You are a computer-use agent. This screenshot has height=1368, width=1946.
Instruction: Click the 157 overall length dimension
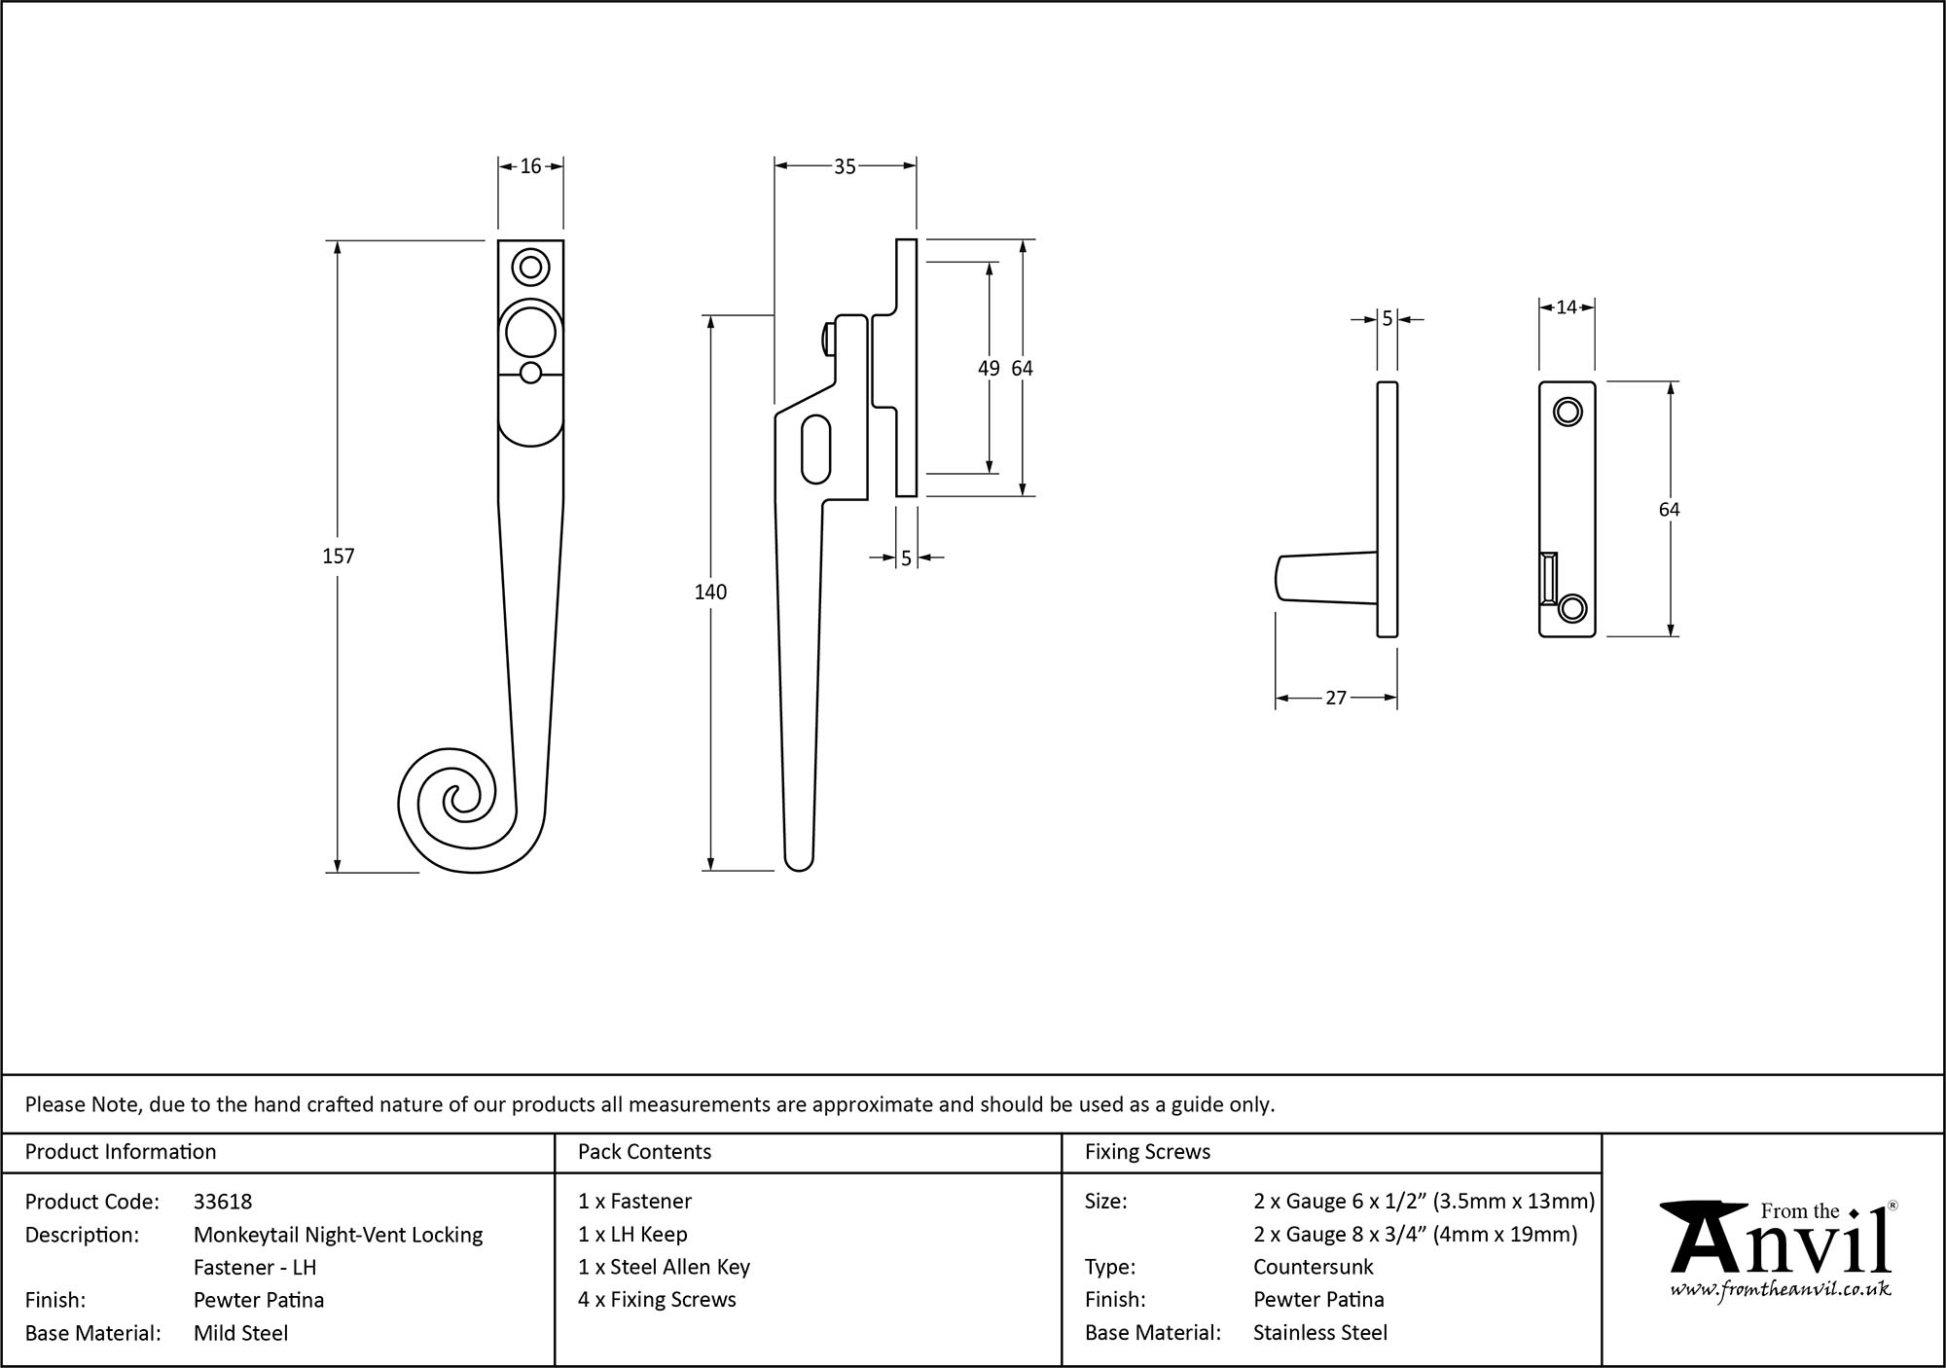pyautogui.click(x=338, y=556)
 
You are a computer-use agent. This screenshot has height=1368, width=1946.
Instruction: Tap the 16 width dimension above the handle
pyautogui.click(x=530, y=166)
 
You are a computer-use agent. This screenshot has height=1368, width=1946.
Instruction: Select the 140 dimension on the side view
pyautogui.click(x=710, y=592)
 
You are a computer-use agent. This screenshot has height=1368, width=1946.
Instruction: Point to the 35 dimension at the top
pyautogui.click(x=845, y=167)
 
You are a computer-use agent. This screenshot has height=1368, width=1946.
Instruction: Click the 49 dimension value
pyautogui.click(x=988, y=368)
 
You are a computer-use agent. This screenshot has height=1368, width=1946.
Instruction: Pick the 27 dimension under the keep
pyautogui.click(x=1336, y=698)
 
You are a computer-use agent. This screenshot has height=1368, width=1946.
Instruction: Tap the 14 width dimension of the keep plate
pyautogui.click(x=1566, y=307)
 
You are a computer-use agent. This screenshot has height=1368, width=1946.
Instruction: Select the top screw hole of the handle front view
pyautogui.click(x=530, y=267)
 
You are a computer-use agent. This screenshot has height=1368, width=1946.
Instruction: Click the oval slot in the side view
pyautogui.click(x=816, y=449)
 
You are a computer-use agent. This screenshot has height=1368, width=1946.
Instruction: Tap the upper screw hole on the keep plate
pyautogui.click(x=1567, y=413)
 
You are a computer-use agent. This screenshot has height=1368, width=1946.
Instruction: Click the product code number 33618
pyautogui.click(x=223, y=1202)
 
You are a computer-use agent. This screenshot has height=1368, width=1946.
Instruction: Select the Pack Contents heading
pyautogui.click(x=644, y=1152)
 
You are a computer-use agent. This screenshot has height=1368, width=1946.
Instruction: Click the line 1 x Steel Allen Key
pyautogui.click(x=664, y=1267)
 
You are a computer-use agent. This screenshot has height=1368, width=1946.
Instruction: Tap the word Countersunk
pyautogui.click(x=1313, y=1267)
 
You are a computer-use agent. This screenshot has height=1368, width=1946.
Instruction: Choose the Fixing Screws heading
pyautogui.click(x=1147, y=1152)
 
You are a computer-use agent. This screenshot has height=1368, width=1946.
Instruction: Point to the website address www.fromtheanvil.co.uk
pyautogui.click(x=1780, y=1290)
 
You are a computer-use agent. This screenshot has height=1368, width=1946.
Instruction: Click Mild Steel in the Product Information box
pyautogui.click(x=240, y=1333)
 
